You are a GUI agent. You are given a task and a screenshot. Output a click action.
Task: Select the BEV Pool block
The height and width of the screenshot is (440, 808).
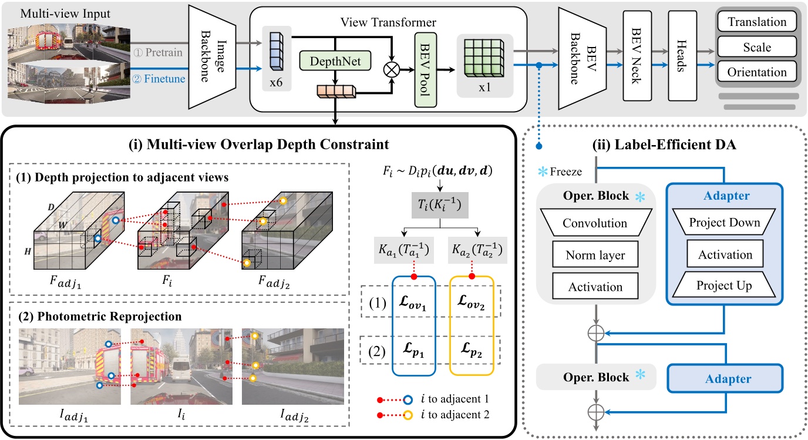(422, 69)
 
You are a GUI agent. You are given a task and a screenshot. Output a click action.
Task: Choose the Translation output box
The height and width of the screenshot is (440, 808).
(756, 22)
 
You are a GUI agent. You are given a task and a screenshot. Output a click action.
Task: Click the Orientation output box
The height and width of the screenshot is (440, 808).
(756, 72)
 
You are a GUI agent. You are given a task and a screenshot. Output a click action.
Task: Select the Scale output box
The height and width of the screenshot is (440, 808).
(756, 47)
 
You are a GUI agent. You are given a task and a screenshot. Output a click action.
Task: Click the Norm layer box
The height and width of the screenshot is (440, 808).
(595, 256)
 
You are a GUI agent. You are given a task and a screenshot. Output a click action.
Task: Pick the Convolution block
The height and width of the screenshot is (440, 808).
(595, 223)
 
